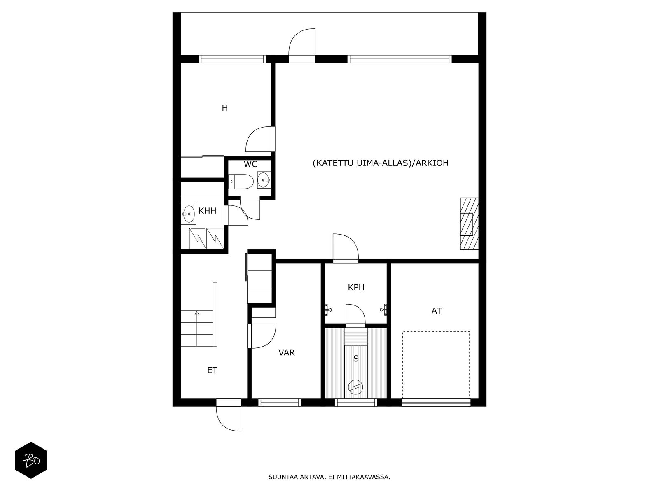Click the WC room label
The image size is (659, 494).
coord(250,164)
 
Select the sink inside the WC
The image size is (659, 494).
coord(264,180)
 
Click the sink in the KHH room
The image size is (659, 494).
coord(189,214)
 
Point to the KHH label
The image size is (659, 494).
coord(207,211)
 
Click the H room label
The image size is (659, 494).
coord(224,108)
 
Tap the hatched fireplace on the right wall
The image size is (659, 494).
coord(469,224)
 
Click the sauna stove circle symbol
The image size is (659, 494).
coord(355,387)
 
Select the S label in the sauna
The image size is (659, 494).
coord(356,359)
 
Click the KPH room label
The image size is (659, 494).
coord(356,287)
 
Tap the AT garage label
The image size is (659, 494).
coord(437,311)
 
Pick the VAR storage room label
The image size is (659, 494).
coord(286,353)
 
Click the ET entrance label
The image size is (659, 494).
coord(212,370)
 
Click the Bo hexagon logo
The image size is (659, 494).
coord(31,460)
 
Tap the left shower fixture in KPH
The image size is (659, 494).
coord(327,310)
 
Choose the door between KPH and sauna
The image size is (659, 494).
coord(355,315)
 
